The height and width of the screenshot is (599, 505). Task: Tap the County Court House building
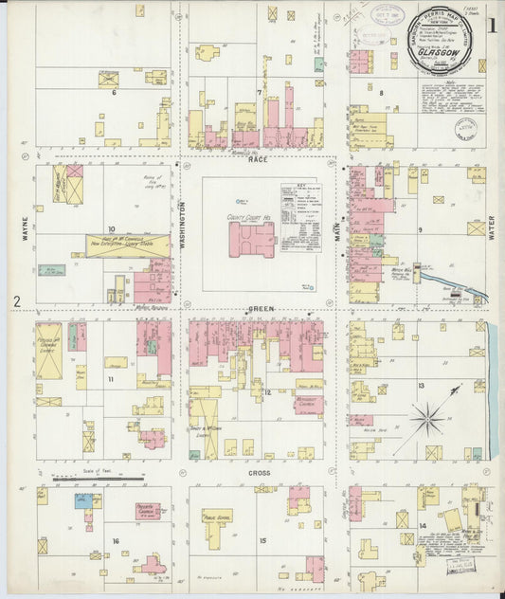tap(251, 239)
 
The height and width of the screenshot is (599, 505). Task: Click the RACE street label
tap(258, 160)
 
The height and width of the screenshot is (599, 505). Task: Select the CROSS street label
tap(259, 471)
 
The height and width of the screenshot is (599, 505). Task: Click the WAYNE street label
tap(26, 231)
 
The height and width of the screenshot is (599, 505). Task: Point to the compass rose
tap(428, 417)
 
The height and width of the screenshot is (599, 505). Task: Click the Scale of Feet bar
tap(84, 479)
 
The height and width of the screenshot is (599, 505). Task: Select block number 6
tap(114, 93)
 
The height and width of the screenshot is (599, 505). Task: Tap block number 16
tap(116, 541)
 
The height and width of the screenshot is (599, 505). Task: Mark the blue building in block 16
tap(84, 500)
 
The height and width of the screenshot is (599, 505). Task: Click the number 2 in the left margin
tap(16, 302)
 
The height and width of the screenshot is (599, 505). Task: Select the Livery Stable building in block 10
tap(128, 245)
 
